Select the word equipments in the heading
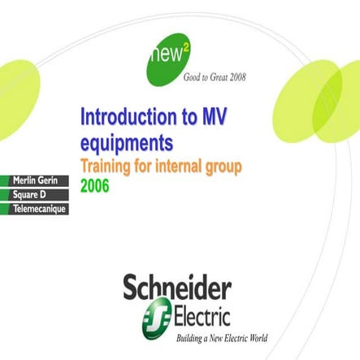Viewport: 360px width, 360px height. [x=126, y=143]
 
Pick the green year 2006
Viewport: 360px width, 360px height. [x=94, y=185]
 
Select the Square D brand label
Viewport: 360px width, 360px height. [x=29, y=194]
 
